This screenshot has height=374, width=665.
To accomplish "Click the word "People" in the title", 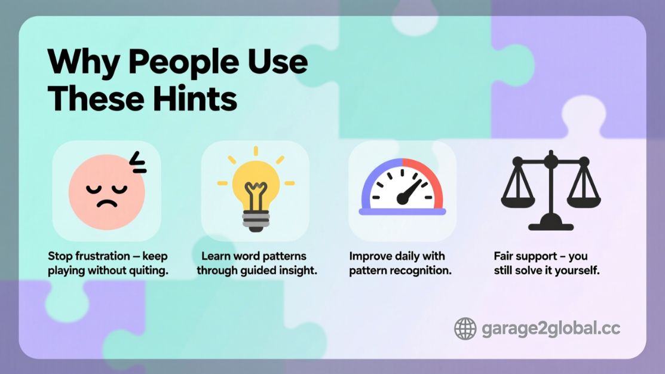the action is pos(183,63).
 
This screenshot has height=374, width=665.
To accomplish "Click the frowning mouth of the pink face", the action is pos(107,203).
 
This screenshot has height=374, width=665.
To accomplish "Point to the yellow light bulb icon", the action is pos(256,189).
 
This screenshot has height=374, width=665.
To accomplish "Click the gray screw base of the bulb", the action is pos(256,220).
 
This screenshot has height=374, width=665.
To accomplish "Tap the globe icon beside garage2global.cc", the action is pos(465,329).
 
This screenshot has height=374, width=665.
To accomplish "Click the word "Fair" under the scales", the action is pos(502,256).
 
